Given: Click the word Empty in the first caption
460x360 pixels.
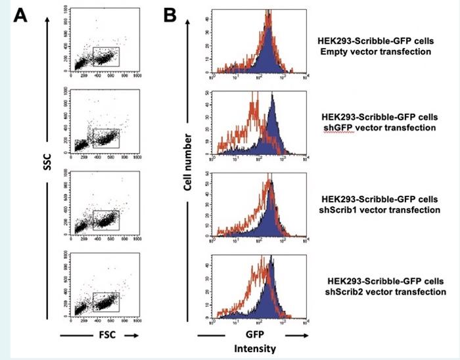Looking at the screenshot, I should coord(331,51).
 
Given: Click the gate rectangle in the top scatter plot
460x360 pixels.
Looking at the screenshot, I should coord(106,56).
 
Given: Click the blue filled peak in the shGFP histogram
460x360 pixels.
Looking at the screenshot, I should coord(271,128).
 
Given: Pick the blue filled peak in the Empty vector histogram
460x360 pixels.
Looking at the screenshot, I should coord(266,53).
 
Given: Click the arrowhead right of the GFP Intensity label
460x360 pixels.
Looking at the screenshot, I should coord(304,334).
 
